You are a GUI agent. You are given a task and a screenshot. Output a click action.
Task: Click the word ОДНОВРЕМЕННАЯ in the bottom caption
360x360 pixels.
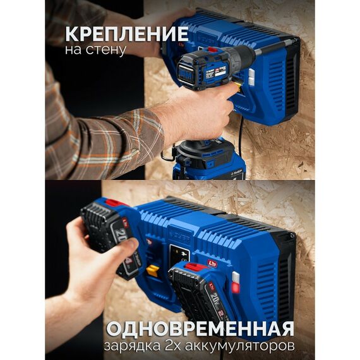pyautogui.click(x=200, y=328)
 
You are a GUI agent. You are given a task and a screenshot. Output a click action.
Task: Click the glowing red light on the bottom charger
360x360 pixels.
pyautogui.click(x=234, y=287)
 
